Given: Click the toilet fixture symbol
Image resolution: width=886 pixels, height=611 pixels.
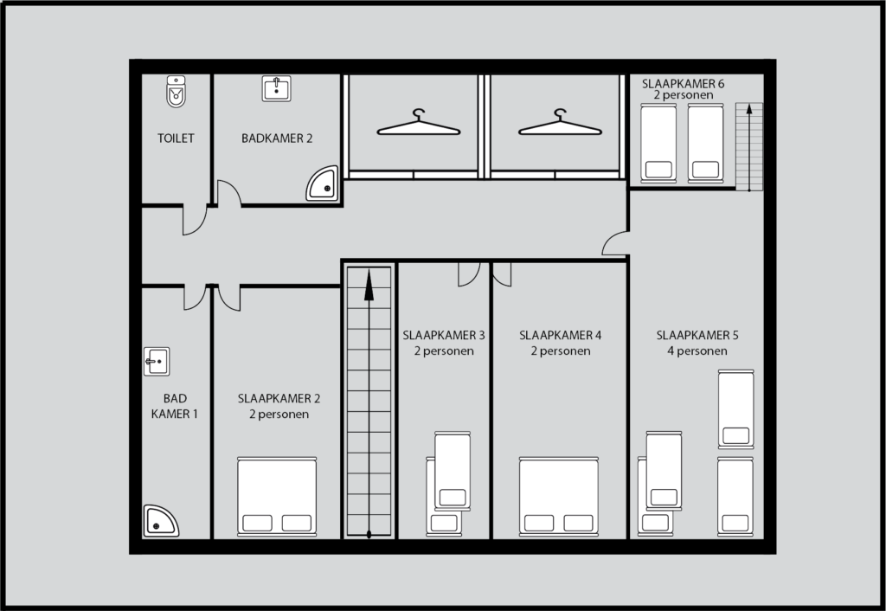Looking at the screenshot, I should point(177,91).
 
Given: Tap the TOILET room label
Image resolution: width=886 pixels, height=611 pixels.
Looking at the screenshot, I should point(176,138).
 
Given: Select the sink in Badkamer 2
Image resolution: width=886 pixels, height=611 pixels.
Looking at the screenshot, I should point(276,87).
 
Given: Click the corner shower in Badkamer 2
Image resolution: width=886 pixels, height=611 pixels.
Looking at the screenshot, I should point(322,184).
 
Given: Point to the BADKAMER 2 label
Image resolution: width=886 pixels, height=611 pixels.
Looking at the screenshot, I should point(277,138).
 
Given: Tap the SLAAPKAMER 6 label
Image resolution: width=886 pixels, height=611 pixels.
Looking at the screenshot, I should point(683,83).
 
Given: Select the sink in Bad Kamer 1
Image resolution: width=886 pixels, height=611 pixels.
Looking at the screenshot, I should point(156,362).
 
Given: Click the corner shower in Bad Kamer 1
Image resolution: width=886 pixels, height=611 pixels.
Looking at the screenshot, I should point(160,521).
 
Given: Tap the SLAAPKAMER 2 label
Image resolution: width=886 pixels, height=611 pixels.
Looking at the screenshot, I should point(279,399).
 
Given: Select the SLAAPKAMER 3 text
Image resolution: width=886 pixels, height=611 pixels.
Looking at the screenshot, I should point(443,335).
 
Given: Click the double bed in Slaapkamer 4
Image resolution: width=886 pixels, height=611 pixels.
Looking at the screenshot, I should point(558,495).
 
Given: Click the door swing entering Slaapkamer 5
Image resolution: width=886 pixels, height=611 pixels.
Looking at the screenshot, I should point(616,245).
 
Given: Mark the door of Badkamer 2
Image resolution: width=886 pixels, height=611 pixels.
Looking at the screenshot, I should point(228,194).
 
